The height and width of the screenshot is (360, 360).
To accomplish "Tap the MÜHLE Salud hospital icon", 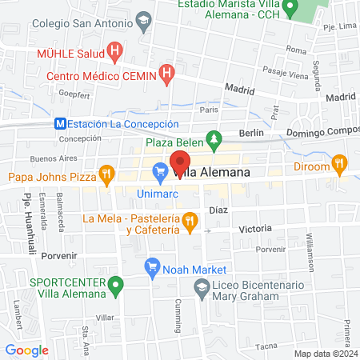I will coord(114,54).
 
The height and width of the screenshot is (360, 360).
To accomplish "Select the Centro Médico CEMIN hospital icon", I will coord(166,76).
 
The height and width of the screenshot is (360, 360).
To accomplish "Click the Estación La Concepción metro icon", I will coord(60,124).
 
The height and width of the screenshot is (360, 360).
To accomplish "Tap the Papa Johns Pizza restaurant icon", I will coord(106,175).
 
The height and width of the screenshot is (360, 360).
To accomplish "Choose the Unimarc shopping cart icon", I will coord(159,170).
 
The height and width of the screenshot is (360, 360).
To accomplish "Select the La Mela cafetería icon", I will coord(190,222).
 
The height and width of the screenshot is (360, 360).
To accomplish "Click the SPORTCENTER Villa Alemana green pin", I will coord(117,284).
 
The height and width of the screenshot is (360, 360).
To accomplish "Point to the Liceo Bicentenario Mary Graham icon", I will coord(202,286).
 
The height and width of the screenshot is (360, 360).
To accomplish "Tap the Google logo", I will coord(26,350).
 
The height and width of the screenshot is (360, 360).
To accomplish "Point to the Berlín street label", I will coord(251,134).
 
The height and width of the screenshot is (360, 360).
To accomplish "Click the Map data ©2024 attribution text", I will coord(325,353).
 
